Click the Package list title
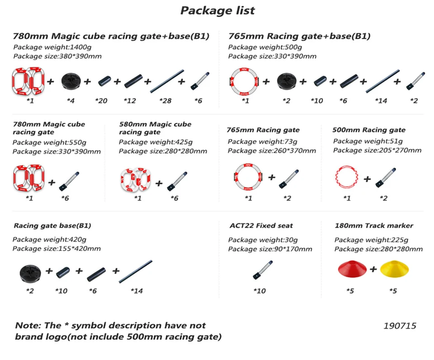pyautogui.click(x=217, y=10)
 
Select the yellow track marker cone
pyautogui.click(x=394, y=270)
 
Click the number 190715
pyautogui.click(x=400, y=326)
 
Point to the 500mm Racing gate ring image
pyautogui.click(x=347, y=178)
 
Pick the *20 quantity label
pyautogui.click(x=101, y=101)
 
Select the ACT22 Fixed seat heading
pyautogui.click(x=261, y=225)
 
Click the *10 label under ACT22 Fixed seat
pyautogui.click(x=259, y=291)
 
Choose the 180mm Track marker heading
pyautogui.click(x=374, y=225)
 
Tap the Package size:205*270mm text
pyautogui.click(x=377, y=150)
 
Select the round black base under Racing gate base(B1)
pyautogui.click(x=30, y=272)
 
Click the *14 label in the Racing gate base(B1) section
pyautogui.click(x=137, y=291)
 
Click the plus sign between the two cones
pyautogui.click(x=373, y=269)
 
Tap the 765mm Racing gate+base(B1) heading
pyautogui.click(x=299, y=36)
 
